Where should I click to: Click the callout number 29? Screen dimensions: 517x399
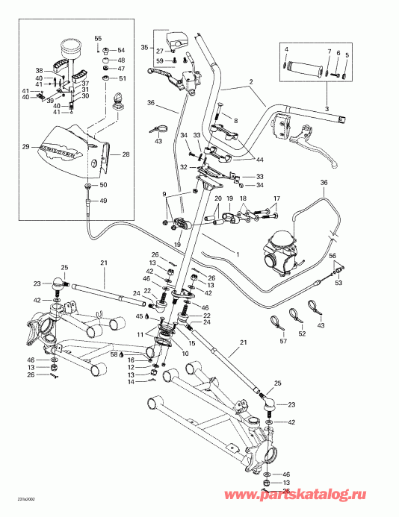(x=25, y=147)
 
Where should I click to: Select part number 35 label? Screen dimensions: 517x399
(x=145, y=46)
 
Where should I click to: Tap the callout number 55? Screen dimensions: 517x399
(x=97, y=38)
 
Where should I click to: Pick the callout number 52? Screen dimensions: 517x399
(x=301, y=334)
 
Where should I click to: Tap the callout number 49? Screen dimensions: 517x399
(x=103, y=201)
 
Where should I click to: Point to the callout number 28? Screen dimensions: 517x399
(x=126, y=154)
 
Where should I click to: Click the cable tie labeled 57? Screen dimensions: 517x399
(x=275, y=322)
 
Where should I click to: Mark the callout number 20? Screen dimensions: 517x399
(x=219, y=200)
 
